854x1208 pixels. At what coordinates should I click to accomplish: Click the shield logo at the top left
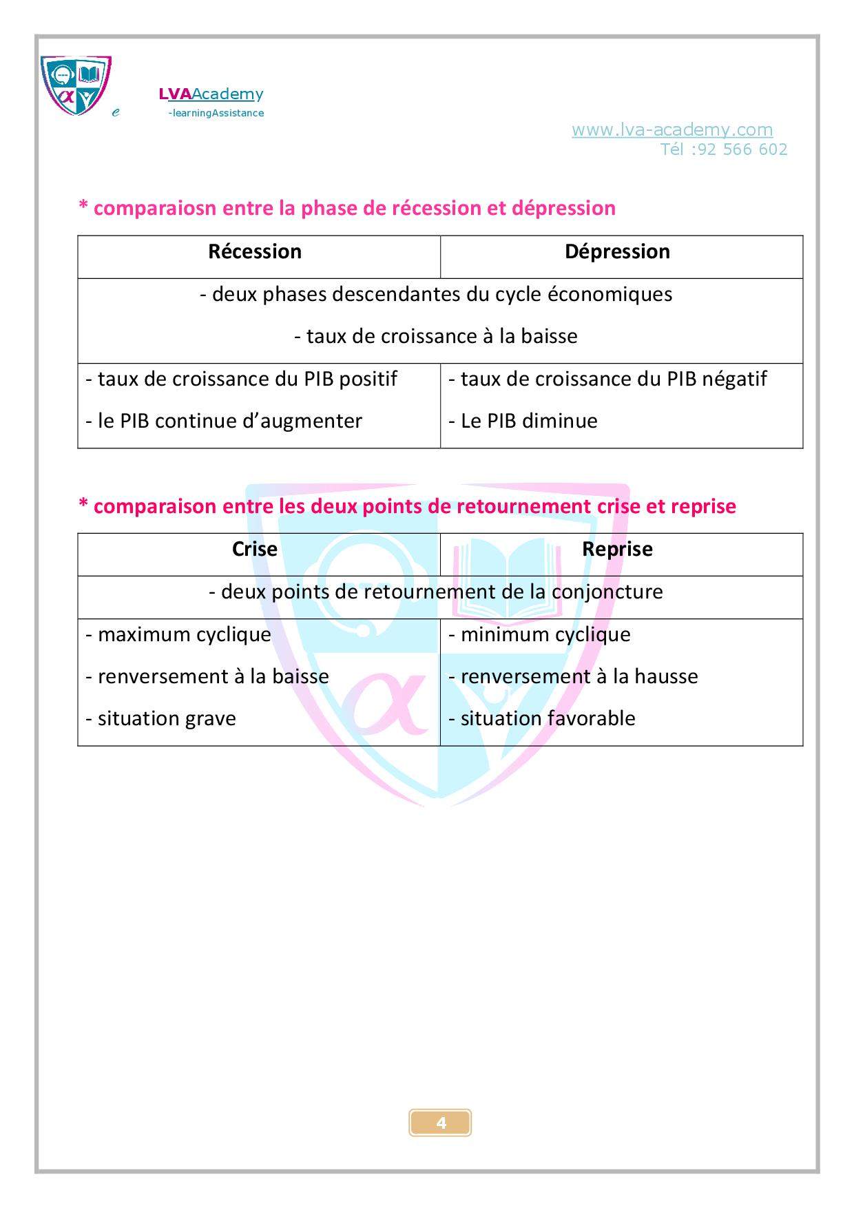click(76, 85)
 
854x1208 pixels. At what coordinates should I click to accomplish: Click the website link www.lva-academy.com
click(671, 129)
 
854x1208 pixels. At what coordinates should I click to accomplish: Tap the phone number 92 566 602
click(742, 149)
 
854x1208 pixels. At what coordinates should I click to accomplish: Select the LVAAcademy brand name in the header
click(211, 94)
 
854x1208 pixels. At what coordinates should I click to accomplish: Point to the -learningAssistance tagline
click(216, 113)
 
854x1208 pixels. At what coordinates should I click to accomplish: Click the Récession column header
click(255, 252)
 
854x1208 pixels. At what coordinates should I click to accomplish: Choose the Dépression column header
click(617, 252)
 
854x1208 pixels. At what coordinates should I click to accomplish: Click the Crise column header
click(255, 550)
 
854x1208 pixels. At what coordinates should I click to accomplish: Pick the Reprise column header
click(617, 550)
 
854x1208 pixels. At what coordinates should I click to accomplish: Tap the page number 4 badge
click(441, 1123)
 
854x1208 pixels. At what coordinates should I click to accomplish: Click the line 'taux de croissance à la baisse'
click(435, 337)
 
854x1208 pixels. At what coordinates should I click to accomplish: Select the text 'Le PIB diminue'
click(523, 421)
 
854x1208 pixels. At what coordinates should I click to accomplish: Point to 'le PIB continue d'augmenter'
click(224, 421)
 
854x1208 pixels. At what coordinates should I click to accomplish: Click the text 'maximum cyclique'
click(178, 634)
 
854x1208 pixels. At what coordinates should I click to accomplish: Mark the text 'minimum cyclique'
click(539, 634)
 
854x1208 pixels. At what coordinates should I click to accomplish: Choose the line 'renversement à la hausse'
click(573, 676)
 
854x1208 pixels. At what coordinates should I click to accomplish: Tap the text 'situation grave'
click(160, 718)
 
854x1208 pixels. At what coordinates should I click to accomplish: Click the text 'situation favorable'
click(541, 718)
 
